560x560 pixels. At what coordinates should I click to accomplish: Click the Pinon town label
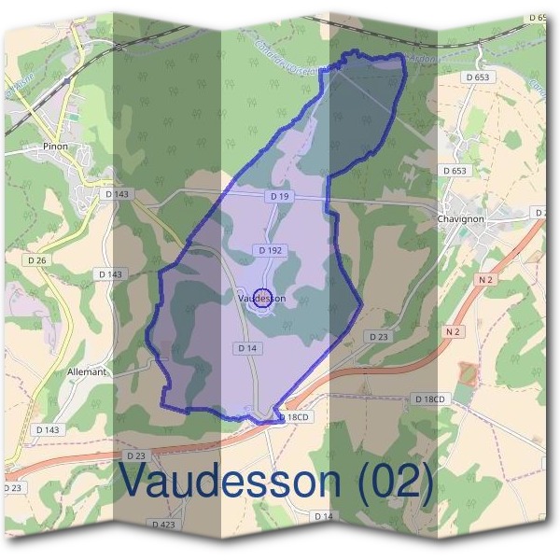click(x=55, y=147)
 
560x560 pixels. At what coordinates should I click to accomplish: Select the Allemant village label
click(x=88, y=371)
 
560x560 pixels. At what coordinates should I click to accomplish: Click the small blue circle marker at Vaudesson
click(x=263, y=299)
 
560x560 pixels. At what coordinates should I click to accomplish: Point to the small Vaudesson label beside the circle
click(x=261, y=299)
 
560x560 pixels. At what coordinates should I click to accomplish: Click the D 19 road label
click(x=279, y=197)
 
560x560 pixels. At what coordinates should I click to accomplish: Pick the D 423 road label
click(x=161, y=525)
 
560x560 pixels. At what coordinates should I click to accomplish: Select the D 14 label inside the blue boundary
click(x=245, y=348)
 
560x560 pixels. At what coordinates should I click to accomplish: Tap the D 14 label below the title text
click(x=323, y=516)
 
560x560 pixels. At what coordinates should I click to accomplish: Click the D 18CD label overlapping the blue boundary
click(x=292, y=417)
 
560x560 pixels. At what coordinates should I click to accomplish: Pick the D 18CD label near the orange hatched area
click(x=431, y=399)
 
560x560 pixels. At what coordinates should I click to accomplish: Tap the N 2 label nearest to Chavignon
click(x=485, y=279)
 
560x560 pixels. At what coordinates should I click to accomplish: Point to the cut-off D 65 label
click(x=540, y=18)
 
